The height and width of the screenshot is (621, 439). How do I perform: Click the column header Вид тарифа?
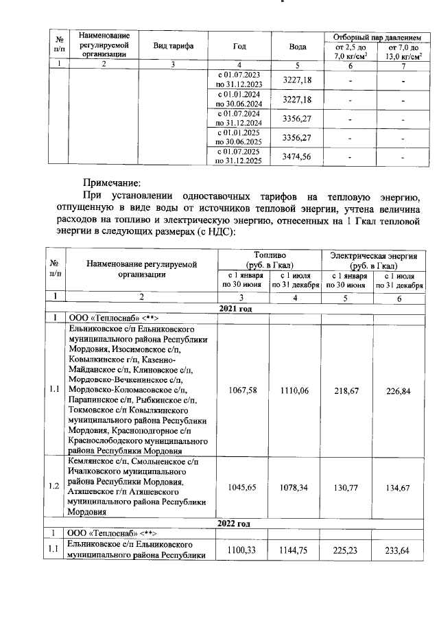point(173,46)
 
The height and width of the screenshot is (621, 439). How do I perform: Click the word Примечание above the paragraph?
point(112,183)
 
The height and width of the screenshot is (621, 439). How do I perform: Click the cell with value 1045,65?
point(244,487)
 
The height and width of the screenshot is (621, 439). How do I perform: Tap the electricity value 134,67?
point(400,487)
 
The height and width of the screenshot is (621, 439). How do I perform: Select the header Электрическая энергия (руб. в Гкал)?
point(374,260)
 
